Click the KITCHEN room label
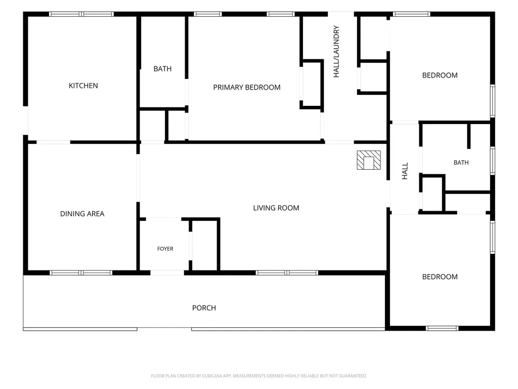click(83, 86)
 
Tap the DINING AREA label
click(82, 214)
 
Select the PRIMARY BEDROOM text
click(247, 87)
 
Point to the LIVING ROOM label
click(276, 208)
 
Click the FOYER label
click(165, 249)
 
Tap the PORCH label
click(204, 307)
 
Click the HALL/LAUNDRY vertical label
click(336, 51)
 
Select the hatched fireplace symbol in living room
click(369, 160)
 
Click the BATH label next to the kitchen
click(162, 69)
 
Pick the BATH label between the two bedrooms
click(461, 163)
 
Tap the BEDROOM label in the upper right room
click(440, 75)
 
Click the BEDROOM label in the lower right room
click(440, 277)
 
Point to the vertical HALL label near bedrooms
click(405, 171)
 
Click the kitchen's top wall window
click(81, 14)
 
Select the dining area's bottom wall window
click(81, 273)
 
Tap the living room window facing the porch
click(287, 273)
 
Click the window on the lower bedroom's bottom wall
click(442, 328)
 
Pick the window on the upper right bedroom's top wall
click(411, 14)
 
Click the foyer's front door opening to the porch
click(167, 273)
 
